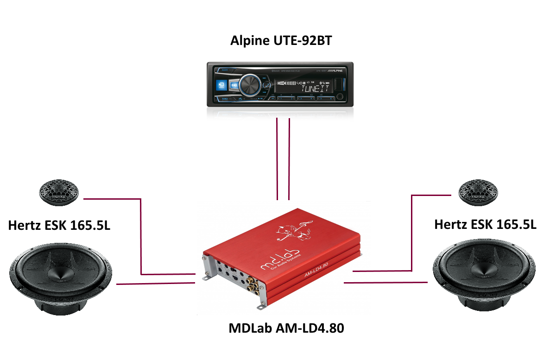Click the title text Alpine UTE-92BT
coord(281,41)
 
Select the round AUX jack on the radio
coord(341,96)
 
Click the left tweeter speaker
coord(58,192)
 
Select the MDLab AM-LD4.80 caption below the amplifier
coord(287,328)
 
